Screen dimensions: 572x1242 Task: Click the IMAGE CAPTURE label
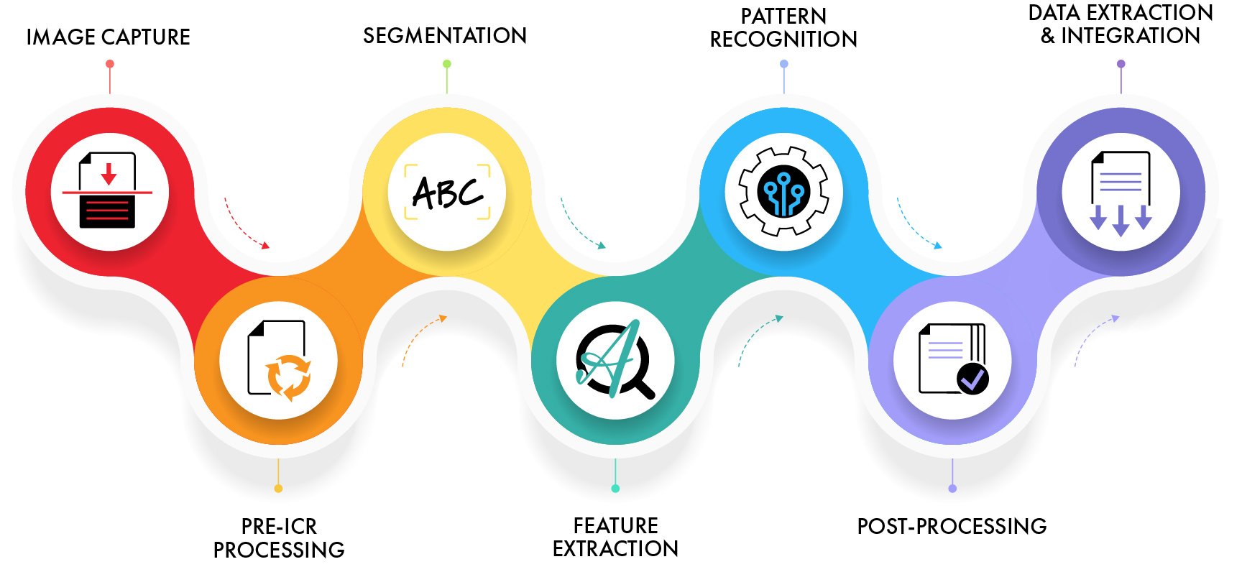coord(108,37)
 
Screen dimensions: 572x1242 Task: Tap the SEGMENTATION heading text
coord(444,35)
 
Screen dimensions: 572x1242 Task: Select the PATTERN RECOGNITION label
coord(783,27)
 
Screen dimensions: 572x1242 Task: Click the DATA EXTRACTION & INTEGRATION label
coord(1121,24)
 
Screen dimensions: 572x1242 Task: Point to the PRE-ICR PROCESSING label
coord(279,538)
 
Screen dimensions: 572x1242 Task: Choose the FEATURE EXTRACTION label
coord(615,537)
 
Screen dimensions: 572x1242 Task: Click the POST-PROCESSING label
coord(952,526)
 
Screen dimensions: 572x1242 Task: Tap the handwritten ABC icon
coord(447,192)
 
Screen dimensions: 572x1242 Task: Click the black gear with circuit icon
coord(783,192)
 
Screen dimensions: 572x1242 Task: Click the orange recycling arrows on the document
coord(288,377)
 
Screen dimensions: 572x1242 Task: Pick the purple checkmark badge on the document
coord(972,378)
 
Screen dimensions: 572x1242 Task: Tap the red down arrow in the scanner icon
coord(109,173)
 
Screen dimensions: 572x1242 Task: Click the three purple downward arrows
coord(1121,219)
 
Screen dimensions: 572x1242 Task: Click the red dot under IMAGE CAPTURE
coord(110,64)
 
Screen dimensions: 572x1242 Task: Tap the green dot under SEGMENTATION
coord(447,64)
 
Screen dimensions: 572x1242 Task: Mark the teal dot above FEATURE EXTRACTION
coord(615,489)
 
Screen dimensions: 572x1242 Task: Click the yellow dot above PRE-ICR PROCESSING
coord(278,489)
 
